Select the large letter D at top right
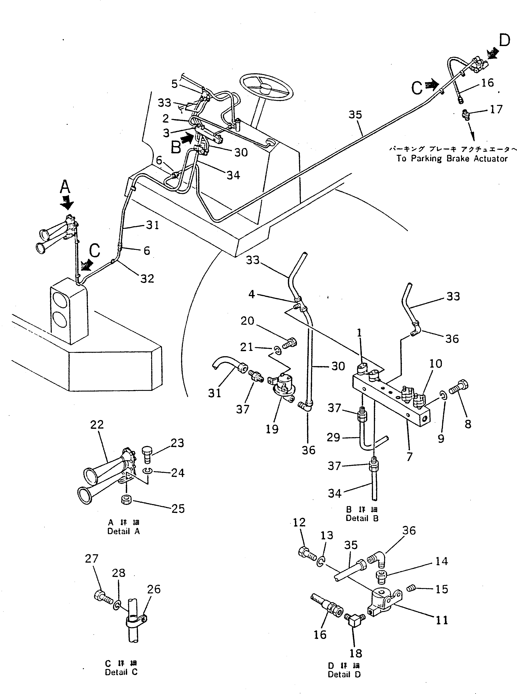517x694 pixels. [504, 41]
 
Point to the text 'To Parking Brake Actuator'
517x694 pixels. [452, 158]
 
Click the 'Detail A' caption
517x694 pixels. [123, 531]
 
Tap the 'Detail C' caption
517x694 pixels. [121, 672]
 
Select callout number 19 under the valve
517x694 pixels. [272, 429]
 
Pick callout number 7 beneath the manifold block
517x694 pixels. [409, 457]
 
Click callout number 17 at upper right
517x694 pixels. [496, 109]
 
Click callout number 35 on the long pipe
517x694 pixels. [355, 115]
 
